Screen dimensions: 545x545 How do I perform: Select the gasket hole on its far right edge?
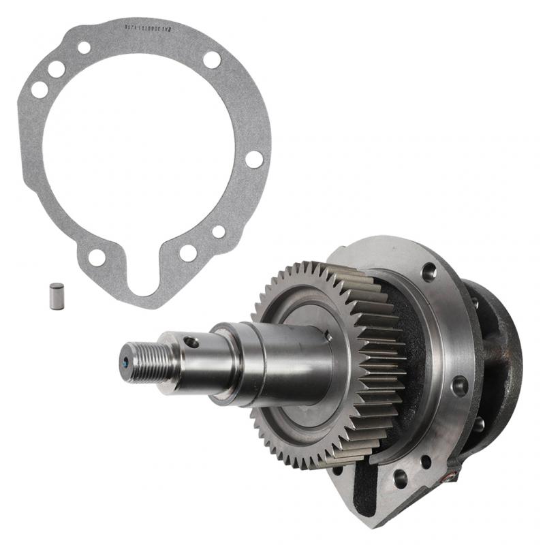click(254, 159)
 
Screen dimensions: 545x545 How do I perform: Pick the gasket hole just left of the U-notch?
click(97, 257)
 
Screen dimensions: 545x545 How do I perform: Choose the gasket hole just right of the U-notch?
click(188, 253)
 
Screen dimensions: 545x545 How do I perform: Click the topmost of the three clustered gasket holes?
click(84, 48)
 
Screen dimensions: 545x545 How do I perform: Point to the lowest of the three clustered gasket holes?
click(40, 89)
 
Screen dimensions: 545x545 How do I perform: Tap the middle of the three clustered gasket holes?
click(57, 69)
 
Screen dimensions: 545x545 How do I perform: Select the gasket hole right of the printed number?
click(212, 59)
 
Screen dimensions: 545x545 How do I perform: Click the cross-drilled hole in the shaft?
click(193, 342)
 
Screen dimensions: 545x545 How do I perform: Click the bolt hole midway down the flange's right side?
click(460, 385)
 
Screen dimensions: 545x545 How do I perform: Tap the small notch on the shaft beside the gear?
click(328, 334)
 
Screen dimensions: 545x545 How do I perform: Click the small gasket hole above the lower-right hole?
click(219, 232)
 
